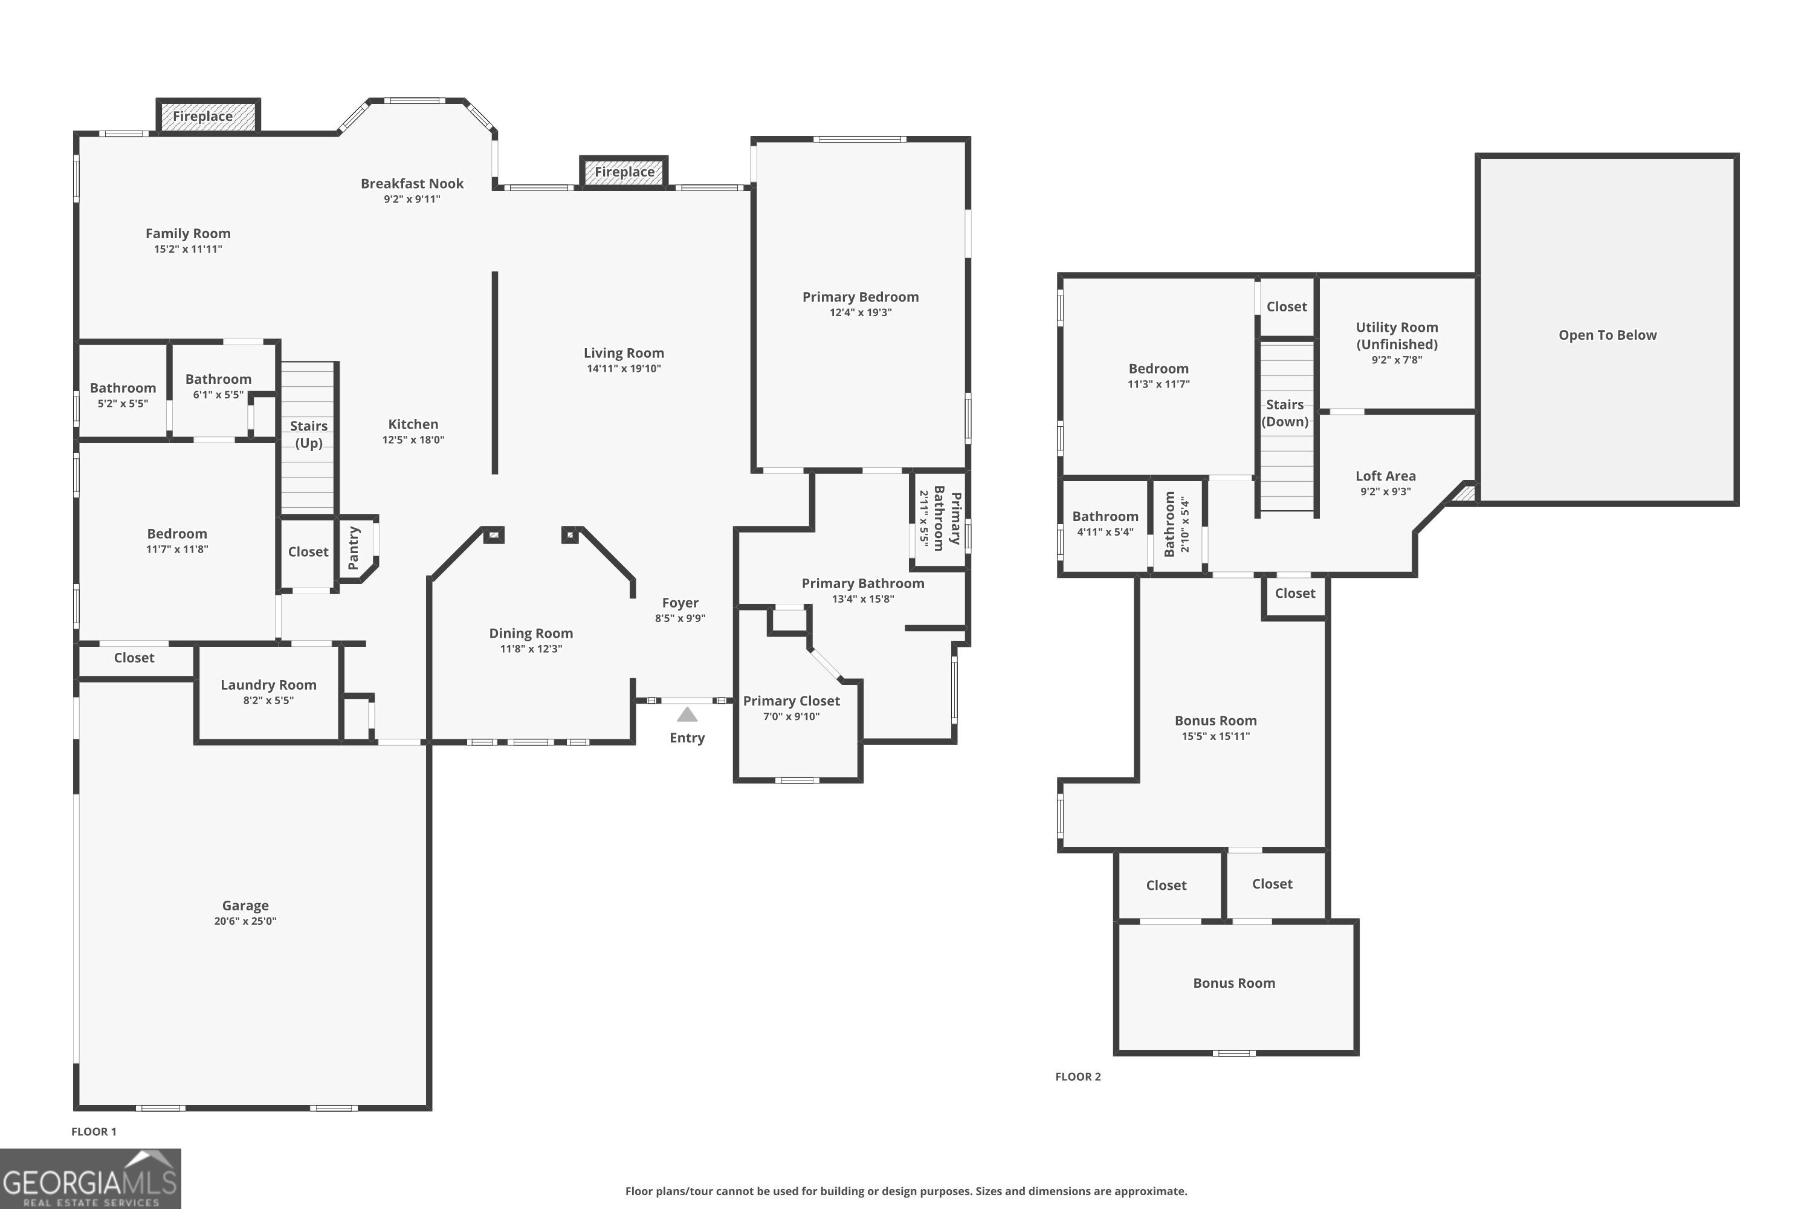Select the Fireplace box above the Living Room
click(624, 172)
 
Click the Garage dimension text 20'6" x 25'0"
click(245, 921)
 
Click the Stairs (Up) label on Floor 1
click(308, 434)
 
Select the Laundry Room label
click(268, 685)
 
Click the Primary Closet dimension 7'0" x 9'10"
click(791, 716)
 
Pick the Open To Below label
click(1607, 335)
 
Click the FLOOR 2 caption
click(1078, 1077)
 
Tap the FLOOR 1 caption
click(93, 1131)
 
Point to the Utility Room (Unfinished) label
click(1397, 335)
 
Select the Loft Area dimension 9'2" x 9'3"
click(1385, 491)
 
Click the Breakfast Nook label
click(412, 184)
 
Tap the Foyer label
click(680, 603)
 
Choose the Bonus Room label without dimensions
click(1233, 983)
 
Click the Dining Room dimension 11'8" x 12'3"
click(531, 649)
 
